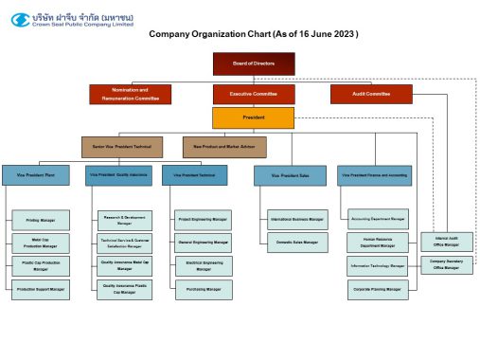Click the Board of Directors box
coord(254,63)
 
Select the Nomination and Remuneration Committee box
coord(130,94)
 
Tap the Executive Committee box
coord(254,94)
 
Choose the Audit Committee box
coord(371,94)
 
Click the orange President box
coord(254,118)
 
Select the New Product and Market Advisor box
coord(224,147)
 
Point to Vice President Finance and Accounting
coord(374,175)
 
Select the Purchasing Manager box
coord(202,288)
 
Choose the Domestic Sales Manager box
coord(297,243)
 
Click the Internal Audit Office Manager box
coord(445,242)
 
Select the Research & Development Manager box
coord(124,220)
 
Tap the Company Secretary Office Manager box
coord(445,264)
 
